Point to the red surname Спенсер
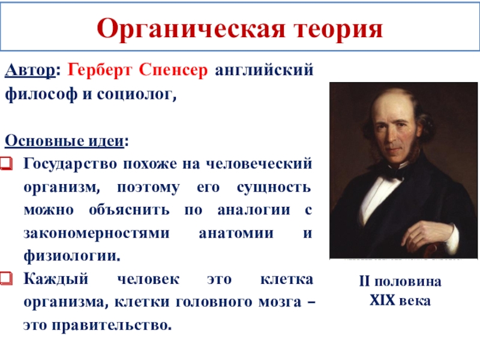(173, 70)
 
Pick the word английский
(264, 70)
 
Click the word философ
(41, 94)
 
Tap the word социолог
(137, 95)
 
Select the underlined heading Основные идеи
(64, 141)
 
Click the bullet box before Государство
(7, 163)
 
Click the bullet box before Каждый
(7, 278)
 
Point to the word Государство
(70, 164)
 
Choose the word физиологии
(72, 256)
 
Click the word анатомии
(236, 233)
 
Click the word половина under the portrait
(408, 281)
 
